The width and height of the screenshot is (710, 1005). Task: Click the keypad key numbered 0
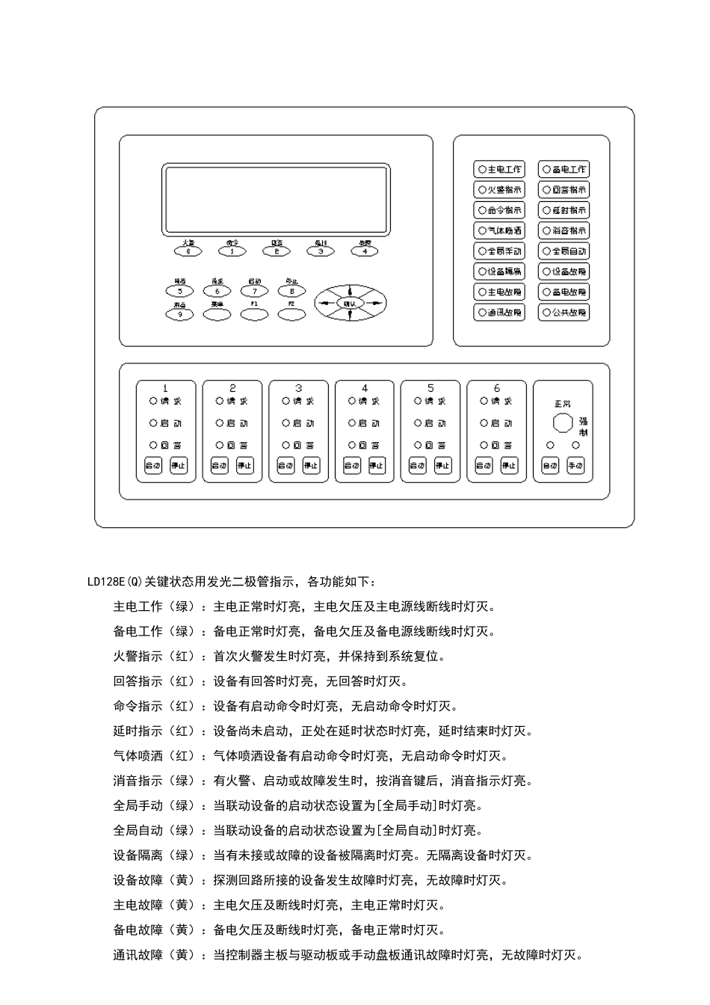[188, 251]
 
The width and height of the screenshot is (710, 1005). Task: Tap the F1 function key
[254, 315]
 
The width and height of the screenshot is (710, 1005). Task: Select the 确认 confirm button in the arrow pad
[350, 303]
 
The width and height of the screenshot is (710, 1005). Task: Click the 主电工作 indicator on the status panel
[499, 170]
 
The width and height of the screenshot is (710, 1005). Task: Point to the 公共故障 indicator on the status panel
[564, 313]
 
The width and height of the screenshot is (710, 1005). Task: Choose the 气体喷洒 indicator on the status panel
[499, 231]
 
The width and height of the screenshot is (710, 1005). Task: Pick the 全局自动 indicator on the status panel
[564, 251]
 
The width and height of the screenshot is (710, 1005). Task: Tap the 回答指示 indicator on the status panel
[564, 190]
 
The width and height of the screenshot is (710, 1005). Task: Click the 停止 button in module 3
[311, 466]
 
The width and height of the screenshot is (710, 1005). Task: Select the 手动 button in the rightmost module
[575, 466]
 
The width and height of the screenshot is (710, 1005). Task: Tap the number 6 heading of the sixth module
[497, 388]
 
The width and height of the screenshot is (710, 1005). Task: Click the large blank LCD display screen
[276, 200]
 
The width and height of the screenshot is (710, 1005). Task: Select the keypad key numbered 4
[365, 251]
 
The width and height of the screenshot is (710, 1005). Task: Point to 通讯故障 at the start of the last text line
[138, 955]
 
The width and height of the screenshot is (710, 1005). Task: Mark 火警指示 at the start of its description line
[138, 657]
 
